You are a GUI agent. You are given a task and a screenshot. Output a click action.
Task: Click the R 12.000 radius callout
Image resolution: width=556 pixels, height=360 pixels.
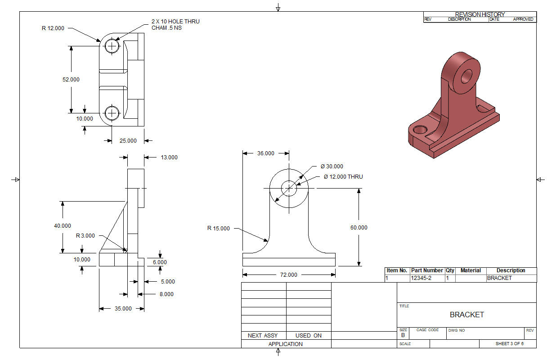point(53,28)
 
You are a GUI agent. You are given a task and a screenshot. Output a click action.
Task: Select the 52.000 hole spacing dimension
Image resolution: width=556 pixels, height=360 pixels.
point(71,80)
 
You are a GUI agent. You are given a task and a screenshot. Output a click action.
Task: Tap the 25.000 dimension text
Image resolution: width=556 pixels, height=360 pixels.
point(128,141)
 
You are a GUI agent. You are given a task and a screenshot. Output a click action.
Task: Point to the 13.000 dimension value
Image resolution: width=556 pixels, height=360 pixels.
point(169,157)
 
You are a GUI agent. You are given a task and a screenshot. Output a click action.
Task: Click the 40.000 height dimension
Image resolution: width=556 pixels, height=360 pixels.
point(63,226)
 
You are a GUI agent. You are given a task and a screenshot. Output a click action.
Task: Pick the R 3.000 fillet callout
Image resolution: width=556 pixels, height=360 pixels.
point(85,236)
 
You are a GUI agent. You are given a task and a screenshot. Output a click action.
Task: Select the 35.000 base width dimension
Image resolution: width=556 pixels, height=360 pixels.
point(123,309)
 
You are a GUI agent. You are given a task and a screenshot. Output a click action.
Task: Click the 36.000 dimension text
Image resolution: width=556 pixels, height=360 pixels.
point(266,153)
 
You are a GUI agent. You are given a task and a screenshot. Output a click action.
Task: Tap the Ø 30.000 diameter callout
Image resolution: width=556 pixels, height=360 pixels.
point(332,166)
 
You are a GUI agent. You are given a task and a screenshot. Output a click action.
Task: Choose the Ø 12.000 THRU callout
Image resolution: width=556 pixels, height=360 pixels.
point(343,177)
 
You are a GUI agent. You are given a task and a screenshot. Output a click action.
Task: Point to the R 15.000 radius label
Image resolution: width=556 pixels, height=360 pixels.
point(219,229)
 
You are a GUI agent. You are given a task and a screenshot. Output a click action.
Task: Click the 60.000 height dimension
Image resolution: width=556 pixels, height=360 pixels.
point(359,227)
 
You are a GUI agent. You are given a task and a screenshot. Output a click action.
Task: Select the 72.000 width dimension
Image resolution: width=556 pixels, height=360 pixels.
point(289,275)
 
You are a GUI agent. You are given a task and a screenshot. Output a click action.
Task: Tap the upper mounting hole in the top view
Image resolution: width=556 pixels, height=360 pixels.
point(112,46)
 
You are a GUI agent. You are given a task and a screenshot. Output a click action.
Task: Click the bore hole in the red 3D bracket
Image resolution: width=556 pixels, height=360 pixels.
point(466,76)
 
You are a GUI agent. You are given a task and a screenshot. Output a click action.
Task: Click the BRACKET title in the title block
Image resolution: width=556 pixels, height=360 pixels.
point(467,315)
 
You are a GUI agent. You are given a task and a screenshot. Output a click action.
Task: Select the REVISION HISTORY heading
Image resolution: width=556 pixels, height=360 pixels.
point(480,14)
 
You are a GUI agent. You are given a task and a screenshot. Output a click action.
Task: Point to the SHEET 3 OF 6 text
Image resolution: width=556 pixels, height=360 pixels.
point(510,344)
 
